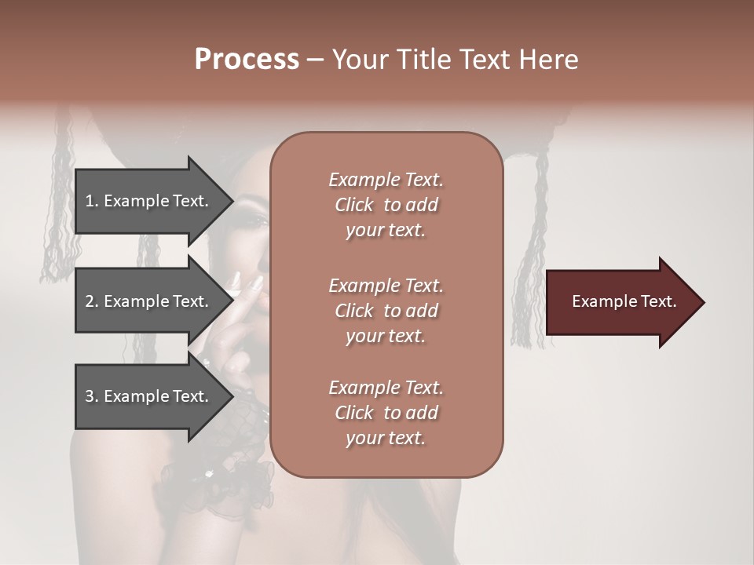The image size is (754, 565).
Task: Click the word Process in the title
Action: tap(247, 60)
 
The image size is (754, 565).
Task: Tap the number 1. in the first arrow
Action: tap(92, 201)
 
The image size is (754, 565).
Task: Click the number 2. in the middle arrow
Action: tap(92, 301)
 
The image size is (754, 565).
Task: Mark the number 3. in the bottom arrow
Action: tap(92, 396)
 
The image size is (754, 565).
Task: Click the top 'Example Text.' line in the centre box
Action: tap(386, 180)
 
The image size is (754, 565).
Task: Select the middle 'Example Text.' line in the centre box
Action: tap(386, 286)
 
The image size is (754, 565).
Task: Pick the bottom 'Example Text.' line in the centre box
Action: tap(386, 388)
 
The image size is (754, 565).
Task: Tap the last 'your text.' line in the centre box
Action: tap(386, 439)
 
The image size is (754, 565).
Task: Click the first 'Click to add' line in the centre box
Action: tap(386, 205)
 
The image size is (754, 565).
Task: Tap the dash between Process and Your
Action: tap(316, 60)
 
